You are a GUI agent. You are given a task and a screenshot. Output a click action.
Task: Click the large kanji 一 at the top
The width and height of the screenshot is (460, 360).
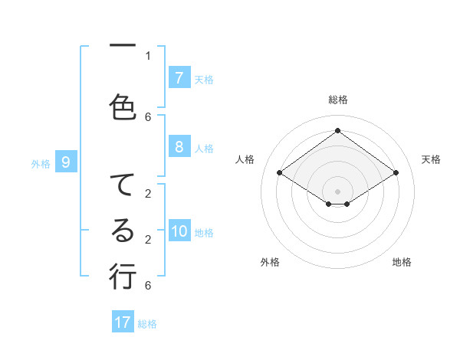[122, 46]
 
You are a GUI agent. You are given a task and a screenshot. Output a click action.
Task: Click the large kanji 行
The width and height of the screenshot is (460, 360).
[122, 275]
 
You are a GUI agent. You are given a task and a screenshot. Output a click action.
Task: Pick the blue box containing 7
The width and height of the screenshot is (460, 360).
[179, 78]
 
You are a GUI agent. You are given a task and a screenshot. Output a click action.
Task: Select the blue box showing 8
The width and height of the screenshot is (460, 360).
[179, 147]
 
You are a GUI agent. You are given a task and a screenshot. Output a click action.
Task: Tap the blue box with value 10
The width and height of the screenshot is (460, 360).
[179, 232]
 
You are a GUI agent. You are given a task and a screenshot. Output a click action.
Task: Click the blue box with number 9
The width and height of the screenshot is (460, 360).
[66, 162]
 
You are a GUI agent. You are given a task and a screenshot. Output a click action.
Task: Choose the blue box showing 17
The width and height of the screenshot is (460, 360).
[123, 322]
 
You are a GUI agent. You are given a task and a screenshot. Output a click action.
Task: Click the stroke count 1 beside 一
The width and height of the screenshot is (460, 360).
[148, 55]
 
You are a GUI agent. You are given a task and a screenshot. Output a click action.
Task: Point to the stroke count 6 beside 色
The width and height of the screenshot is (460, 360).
[148, 116]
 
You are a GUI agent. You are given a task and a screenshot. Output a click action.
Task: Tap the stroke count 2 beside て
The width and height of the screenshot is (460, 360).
[148, 194]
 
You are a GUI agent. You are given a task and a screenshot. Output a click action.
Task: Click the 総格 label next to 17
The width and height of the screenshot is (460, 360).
[147, 323]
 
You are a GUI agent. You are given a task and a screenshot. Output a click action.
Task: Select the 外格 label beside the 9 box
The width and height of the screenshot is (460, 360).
[40, 163]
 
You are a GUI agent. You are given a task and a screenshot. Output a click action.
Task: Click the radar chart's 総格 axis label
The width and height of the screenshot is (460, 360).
[338, 100]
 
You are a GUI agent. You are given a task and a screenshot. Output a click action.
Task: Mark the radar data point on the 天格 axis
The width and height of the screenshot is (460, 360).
[396, 173]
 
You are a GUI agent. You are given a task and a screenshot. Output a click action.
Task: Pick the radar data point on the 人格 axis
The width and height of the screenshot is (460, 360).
[280, 173]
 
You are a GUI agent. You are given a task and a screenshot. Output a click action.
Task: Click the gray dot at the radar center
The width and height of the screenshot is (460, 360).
[337, 191]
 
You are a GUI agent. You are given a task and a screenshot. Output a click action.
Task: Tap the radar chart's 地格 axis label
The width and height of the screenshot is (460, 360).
[402, 262]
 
